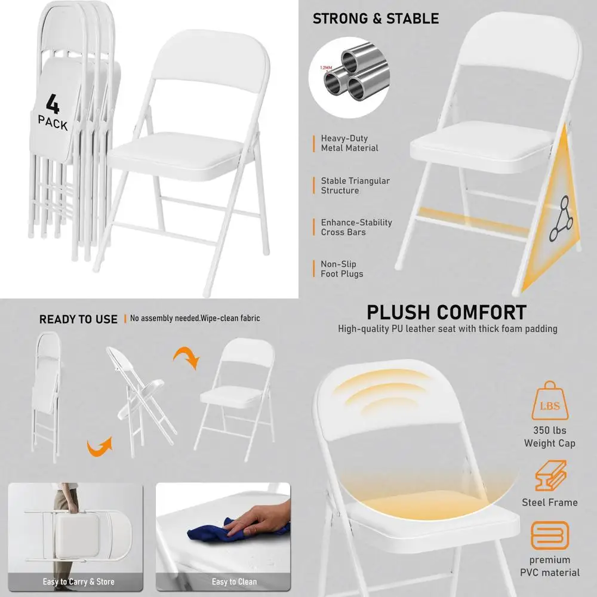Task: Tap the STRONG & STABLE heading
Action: click(x=376, y=19)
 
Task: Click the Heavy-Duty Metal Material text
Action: click(x=349, y=143)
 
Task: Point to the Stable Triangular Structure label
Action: click(x=355, y=186)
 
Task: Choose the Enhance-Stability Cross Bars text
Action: click(x=356, y=227)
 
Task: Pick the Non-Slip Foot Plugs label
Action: click(x=341, y=269)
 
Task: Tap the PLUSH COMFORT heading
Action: click(x=447, y=312)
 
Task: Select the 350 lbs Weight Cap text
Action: click(x=549, y=437)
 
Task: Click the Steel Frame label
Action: click(x=549, y=502)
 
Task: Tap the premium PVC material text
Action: click(x=549, y=566)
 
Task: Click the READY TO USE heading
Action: click(x=78, y=319)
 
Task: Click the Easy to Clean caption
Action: click(x=234, y=581)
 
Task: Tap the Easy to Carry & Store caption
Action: click(x=78, y=581)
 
